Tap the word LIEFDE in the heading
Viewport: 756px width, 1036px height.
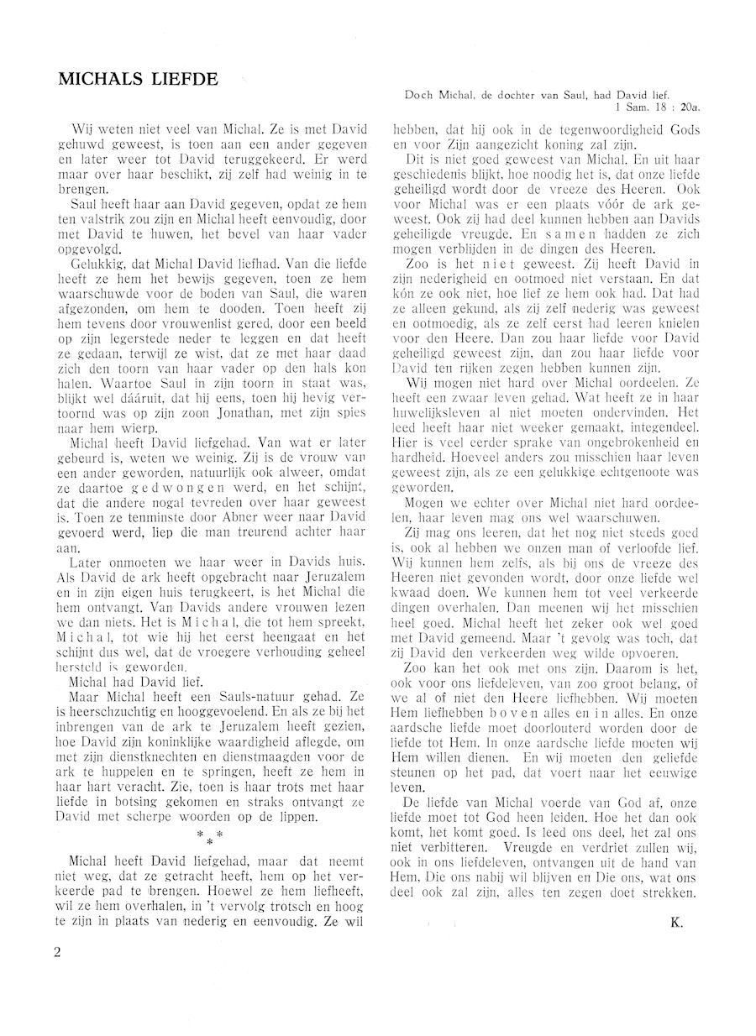point(186,80)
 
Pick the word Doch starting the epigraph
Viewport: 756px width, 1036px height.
point(419,96)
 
